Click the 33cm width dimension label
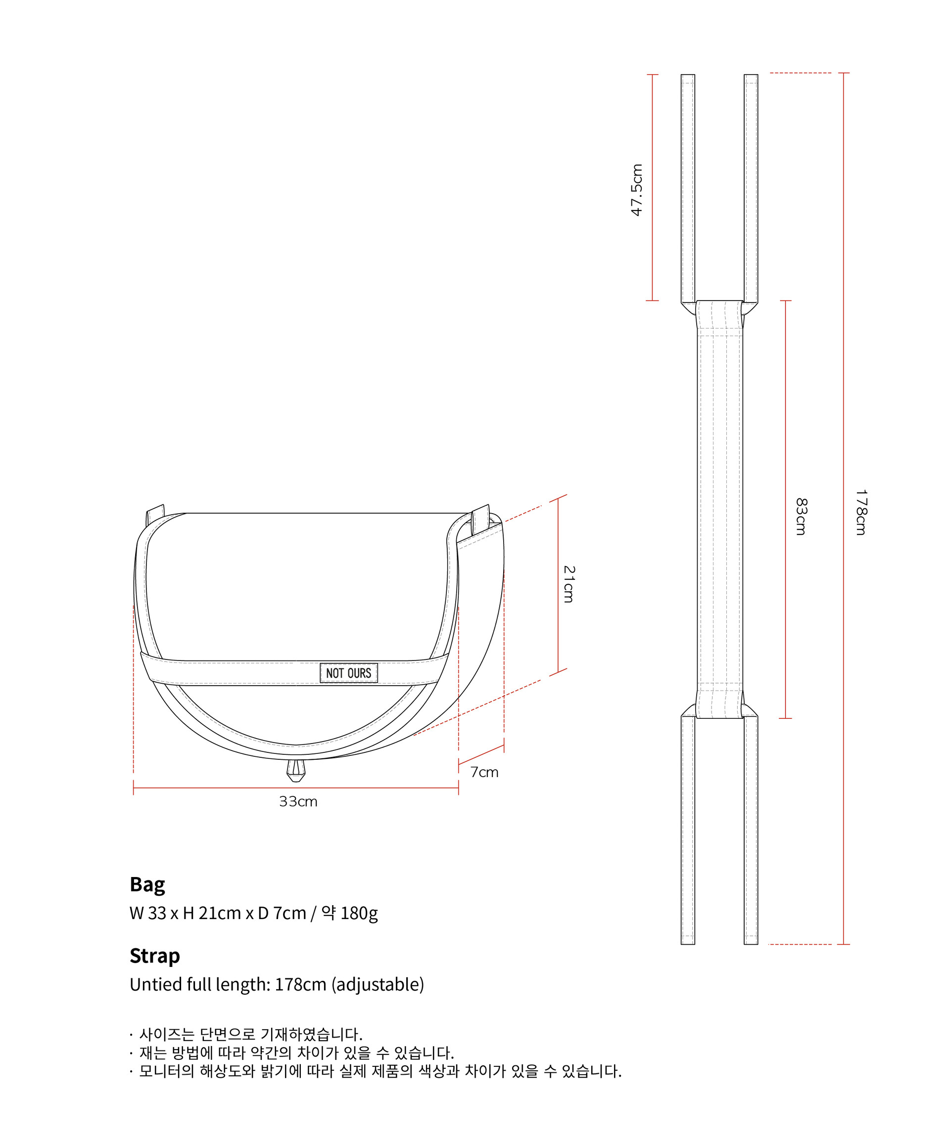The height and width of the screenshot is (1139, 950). pos(298,802)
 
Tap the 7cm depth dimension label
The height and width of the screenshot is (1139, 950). pos(484,772)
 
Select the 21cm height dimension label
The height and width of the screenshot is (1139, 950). pos(569,584)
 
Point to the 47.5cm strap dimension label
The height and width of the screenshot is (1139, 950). pos(637,190)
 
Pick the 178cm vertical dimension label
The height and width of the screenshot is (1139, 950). pos(861,512)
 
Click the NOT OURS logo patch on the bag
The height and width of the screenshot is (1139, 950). pos(348,673)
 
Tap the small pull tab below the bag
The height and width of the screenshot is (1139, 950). pos(296,770)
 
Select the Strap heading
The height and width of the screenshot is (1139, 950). pos(155,956)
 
